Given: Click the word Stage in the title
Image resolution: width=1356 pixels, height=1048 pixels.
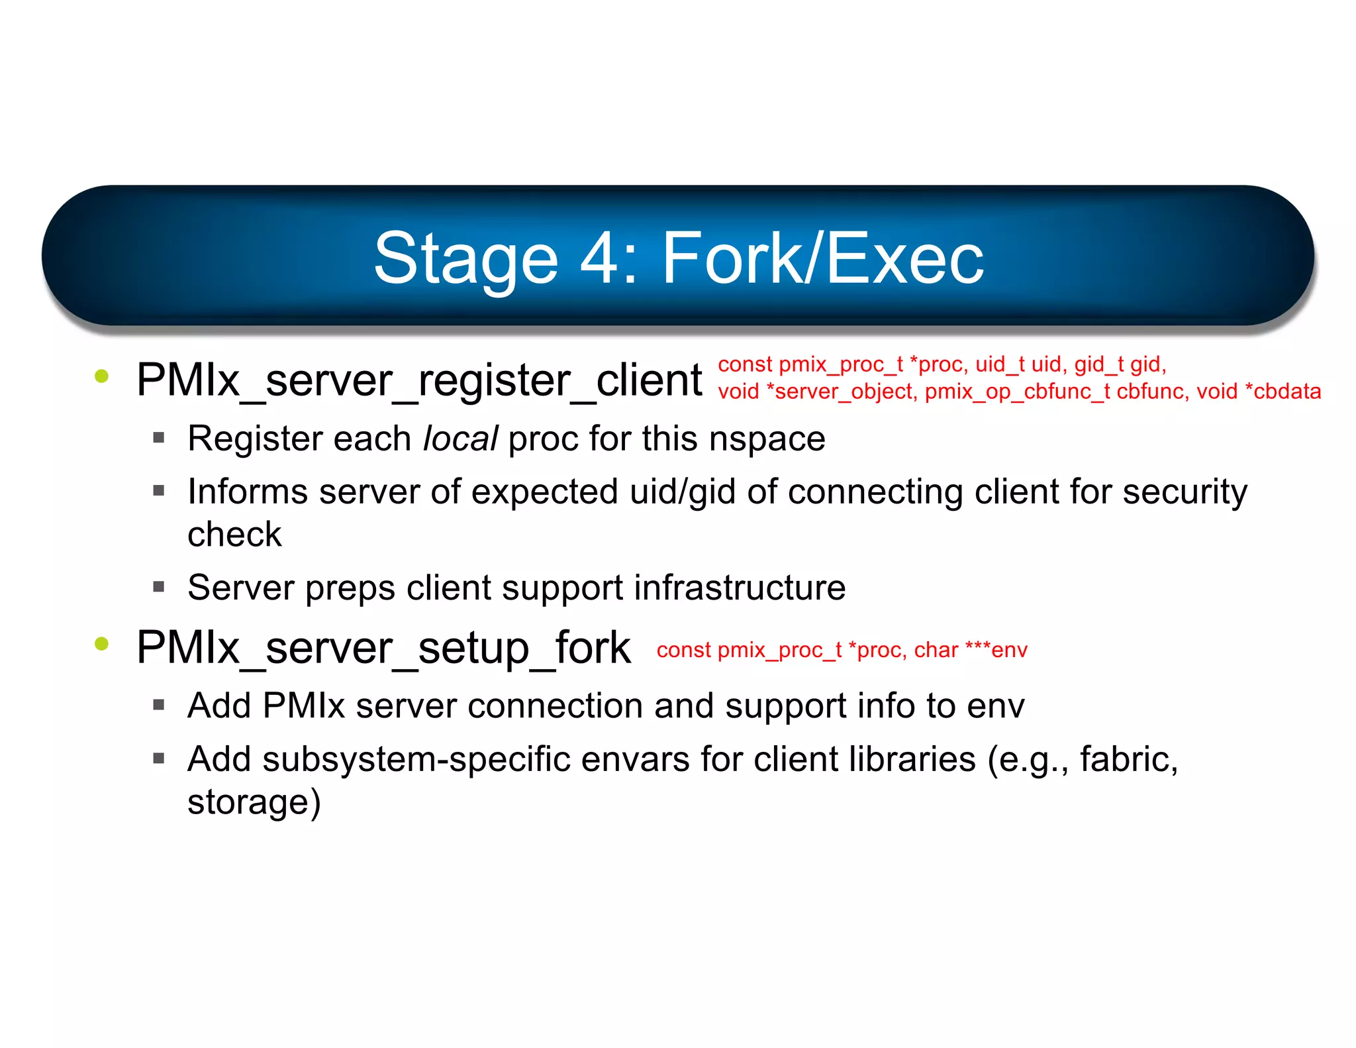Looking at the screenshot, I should point(465,259).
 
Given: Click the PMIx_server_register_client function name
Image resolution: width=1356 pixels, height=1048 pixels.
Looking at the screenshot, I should point(418,380).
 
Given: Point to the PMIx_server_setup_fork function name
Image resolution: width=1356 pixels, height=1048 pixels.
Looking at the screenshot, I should point(383,648).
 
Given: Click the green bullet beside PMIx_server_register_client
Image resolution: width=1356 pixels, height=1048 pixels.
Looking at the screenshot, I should point(101,376).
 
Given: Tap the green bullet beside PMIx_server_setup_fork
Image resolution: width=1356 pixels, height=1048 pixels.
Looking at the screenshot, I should point(101,643).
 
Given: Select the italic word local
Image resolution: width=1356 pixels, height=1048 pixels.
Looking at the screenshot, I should point(460,439).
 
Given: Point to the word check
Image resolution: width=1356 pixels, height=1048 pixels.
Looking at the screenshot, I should point(234,535).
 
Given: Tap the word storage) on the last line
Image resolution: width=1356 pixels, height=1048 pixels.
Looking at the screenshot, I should point(254,802).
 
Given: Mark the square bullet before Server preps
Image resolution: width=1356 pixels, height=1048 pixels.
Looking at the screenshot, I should point(158,586).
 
